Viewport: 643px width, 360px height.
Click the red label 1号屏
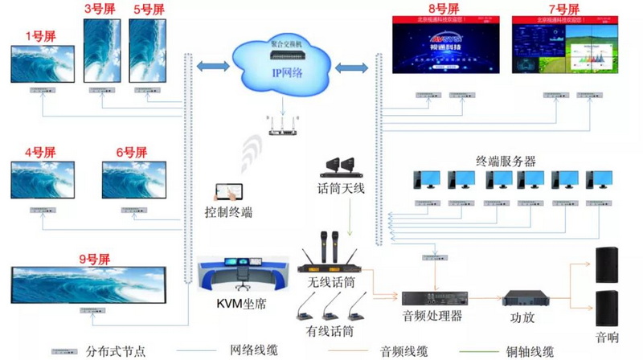tap(39, 35)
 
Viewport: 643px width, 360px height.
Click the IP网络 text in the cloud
tap(288, 73)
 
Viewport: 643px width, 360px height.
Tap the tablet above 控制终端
tap(227, 193)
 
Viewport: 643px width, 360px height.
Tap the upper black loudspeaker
tap(607, 264)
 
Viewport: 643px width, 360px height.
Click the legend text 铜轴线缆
tap(526, 351)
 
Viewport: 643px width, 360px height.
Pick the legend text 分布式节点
tap(112, 351)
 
